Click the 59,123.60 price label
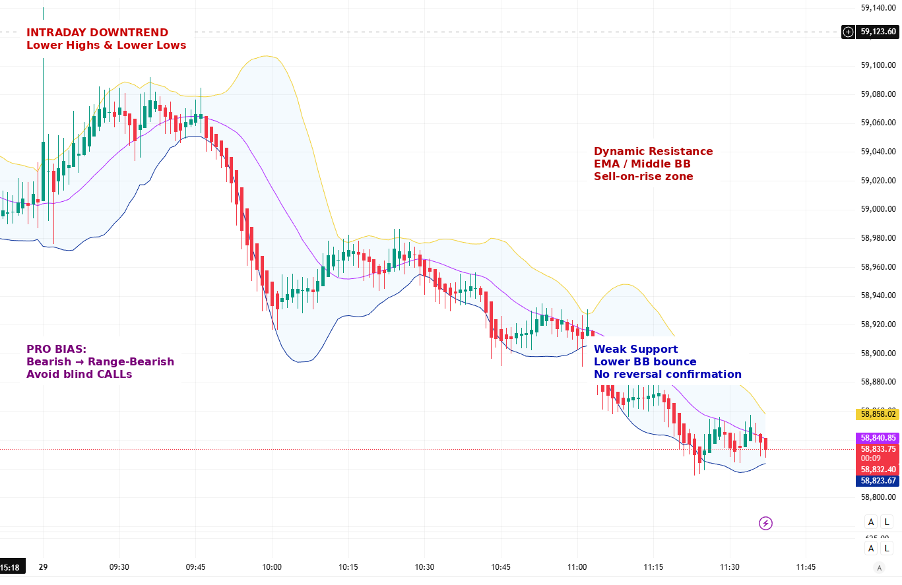point(878,32)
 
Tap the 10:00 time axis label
point(272,567)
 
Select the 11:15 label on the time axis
point(653,567)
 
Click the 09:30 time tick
point(119,567)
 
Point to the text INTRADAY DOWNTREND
point(97,32)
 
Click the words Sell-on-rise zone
point(643,176)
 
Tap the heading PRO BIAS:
point(56,349)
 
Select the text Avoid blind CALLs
point(79,374)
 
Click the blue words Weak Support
point(635,349)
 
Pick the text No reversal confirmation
point(667,374)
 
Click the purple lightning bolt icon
point(765,524)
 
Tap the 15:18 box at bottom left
point(11,567)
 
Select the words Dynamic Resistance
point(653,151)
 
